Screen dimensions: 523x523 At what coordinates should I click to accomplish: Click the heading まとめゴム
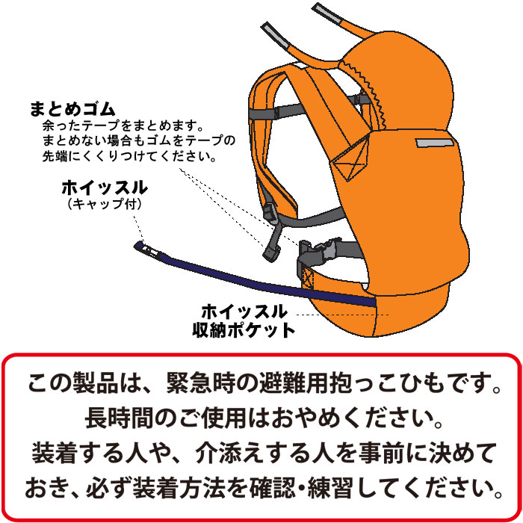click(x=72, y=109)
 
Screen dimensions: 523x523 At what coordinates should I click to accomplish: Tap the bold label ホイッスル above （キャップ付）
click(x=105, y=188)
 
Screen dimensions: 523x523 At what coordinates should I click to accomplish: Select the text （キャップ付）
click(x=105, y=203)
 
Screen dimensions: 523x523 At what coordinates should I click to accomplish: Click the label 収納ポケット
click(x=244, y=330)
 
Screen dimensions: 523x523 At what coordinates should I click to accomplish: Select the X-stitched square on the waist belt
click(x=308, y=277)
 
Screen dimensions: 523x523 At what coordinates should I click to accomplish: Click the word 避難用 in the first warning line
click(x=294, y=383)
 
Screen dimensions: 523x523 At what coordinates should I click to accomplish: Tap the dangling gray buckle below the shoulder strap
click(x=270, y=254)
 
